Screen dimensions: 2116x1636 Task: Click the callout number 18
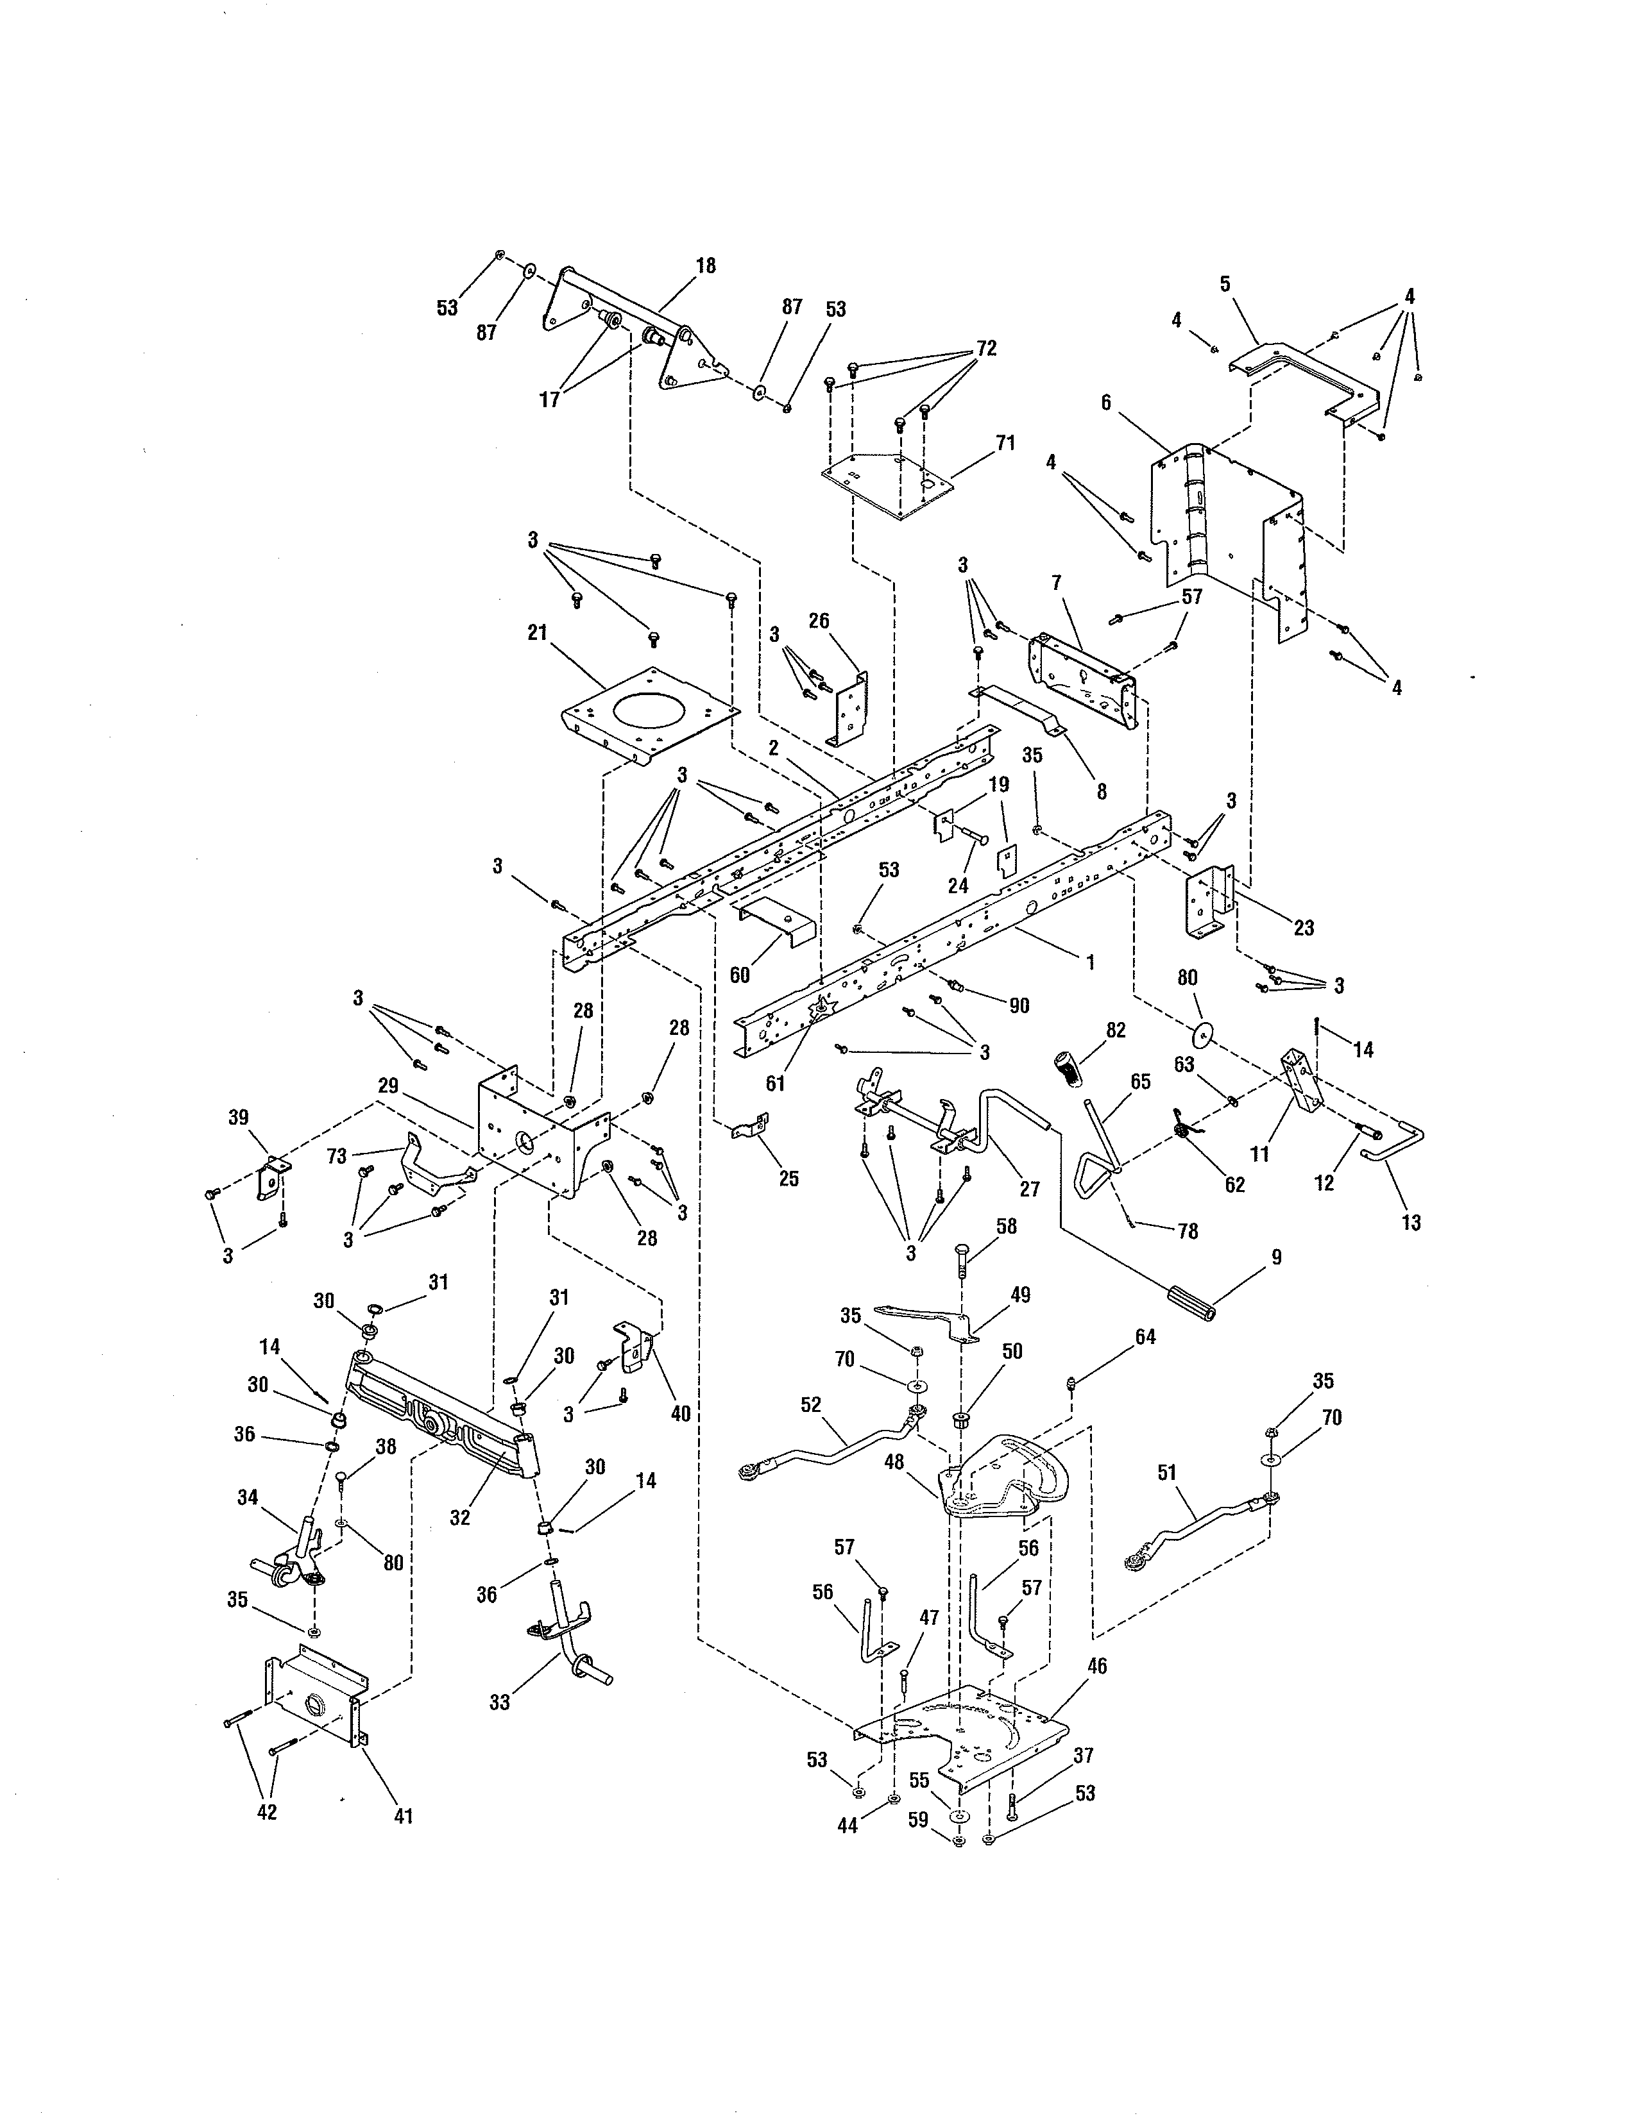pyautogui.click(x=706, y=265)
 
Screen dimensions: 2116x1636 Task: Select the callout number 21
pyautogui.click(x=537, y=633)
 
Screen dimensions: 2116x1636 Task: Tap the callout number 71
pyautogui.click(x=1005, y=443)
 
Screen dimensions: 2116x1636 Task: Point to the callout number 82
pyautogui.click(x=1116, y=1030)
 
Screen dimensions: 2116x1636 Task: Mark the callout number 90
pyautogui.click(x=1019, y=1005)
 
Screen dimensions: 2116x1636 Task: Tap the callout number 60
pyautogui.click(x=740, y=975)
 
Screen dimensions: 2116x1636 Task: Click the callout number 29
pyautogui.click(x=389, y=1086)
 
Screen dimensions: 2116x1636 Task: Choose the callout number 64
pyautogui.click(x=1146, y=1337)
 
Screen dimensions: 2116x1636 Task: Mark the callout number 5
pyautogui.click(x=1225, y=284)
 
